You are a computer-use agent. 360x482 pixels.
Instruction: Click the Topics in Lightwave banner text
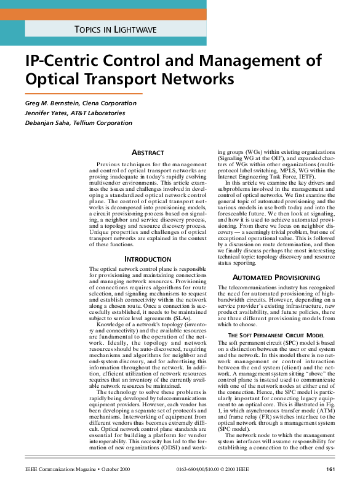coord(115,29)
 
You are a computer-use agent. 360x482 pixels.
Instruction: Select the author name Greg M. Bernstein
coord(51,103)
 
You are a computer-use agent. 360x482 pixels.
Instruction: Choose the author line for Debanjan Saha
coord(79,123)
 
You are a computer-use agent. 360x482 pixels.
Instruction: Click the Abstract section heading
coord(148,152)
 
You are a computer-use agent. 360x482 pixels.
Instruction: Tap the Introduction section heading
coord(148,259)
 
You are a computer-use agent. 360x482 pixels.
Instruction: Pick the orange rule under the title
coord(84,94)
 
